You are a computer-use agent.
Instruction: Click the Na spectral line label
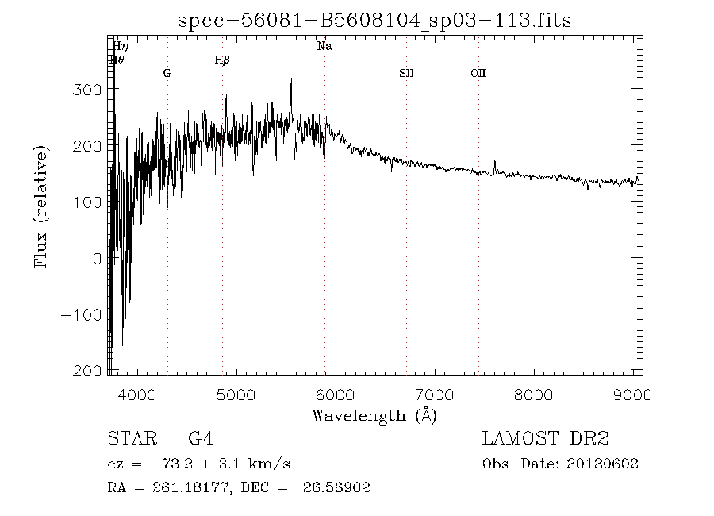[x=324, y=47]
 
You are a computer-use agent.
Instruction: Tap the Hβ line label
[x=222, y=60]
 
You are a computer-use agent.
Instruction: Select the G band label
[x=167, y=73]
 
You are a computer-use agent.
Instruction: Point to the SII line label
[x=406, y=73]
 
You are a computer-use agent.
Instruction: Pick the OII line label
[x=478, y=73]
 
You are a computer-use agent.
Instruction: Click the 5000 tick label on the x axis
[x=236, y=394]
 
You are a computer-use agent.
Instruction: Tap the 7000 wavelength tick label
[x=435, y=394]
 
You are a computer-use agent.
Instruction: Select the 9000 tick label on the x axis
[x=632, y=394]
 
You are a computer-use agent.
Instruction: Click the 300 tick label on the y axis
[x=87, y=90]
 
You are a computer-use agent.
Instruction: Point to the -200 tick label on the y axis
[x=83, y=371]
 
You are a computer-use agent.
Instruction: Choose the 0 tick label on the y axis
[x=97, y=259]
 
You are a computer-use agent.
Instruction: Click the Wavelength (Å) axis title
[x=374, y=415]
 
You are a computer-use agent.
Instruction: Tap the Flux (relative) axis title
[x=42, y=206]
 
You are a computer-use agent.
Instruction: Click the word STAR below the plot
[x=127, y=439]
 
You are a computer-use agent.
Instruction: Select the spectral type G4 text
[x=201, y=439]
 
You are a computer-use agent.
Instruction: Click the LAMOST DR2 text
[x=545, y=439]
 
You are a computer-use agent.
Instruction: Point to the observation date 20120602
[x=602, y=464]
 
